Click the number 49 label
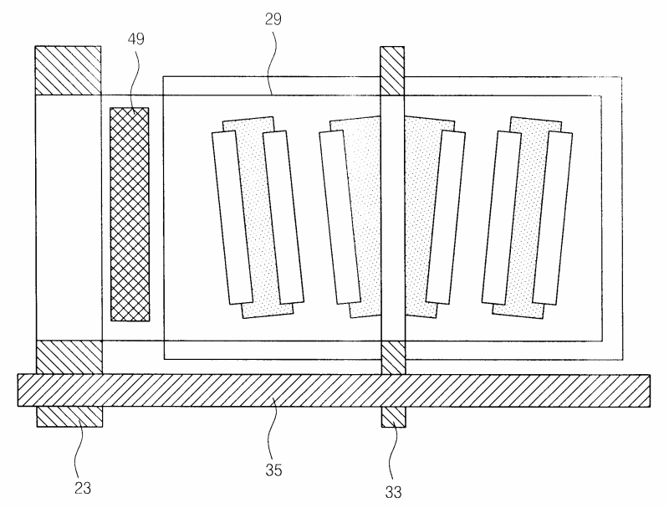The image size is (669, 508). (136, 40)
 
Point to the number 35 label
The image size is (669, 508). (273, 470)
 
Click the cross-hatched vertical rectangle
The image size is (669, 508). (130, 213)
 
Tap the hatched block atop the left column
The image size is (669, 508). (68, 70)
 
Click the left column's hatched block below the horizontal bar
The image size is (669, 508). (68, 416)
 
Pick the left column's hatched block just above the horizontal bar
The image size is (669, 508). (68, 357)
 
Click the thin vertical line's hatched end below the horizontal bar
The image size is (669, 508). (392, 415)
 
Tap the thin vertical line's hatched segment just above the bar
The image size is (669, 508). (392, 357)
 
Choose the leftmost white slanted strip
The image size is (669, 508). (232, 217)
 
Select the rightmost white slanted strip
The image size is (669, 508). (548, 217)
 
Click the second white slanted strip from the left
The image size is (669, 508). (282, 217)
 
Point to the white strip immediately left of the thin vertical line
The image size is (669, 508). (340, 217)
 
